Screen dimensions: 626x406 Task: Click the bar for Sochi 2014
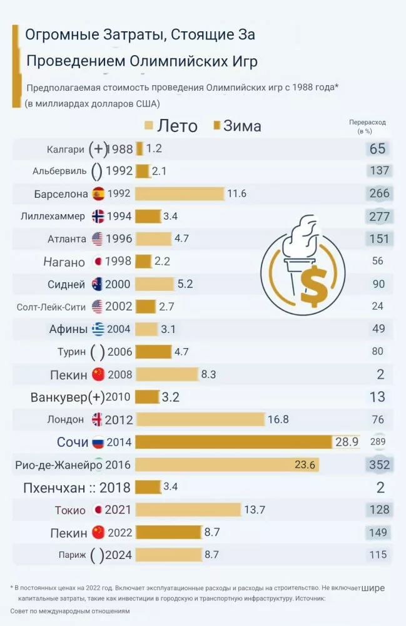tap(233, 442)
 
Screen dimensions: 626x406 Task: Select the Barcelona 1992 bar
tap(180, 193)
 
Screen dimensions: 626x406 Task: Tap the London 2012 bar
tap(200, 419)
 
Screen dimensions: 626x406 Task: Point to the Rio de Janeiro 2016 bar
tap(226, 465)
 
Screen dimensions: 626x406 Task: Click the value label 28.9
tap(347, 442)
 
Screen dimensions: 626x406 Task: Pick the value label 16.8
tap(278, 419)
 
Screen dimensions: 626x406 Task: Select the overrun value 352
tap(379, 465)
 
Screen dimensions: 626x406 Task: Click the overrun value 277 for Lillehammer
tap(379, 216)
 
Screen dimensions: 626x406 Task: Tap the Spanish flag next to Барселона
tap(98, 193)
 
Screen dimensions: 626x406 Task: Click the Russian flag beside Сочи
tap(98, 442)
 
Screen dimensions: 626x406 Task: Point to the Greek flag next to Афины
tap(98, 329)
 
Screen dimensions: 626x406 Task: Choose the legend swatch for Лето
tap(149, 126)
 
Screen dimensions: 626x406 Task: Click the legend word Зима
tap(242, 126)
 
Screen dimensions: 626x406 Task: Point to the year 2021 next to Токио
tap(118, 510)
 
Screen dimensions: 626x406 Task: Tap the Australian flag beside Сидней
tap(98, 284)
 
